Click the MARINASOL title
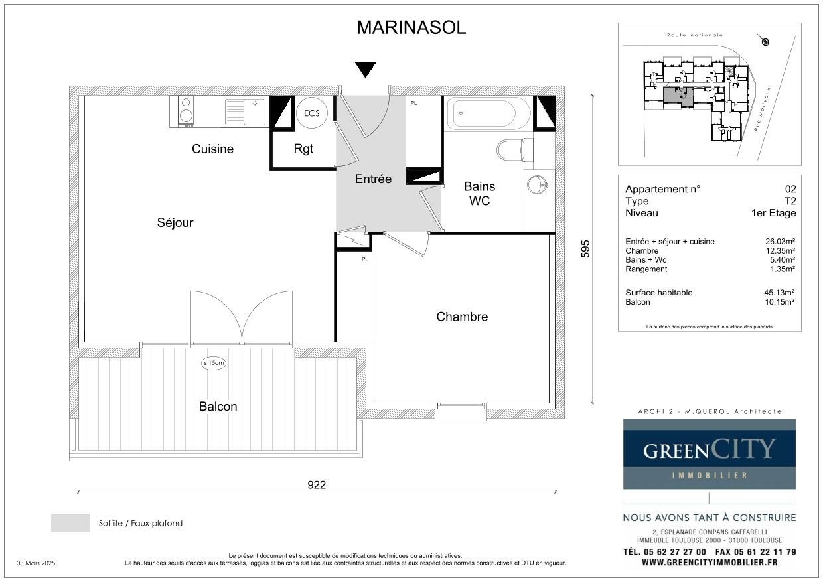pos(411,28)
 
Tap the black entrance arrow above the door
pos(365,70)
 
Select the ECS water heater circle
pos(311,113)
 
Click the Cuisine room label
pos(213,149)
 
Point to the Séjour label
pos(175,223)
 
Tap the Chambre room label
pos(462,317)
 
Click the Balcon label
pos(218,406)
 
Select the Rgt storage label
pos(303,149)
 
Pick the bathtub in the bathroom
pos(488,113)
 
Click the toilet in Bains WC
pos(514,149)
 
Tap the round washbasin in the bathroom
pos(538,184)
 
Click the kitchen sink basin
pos(254,111)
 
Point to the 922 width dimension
pos(317,485)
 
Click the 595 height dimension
pos(585,249)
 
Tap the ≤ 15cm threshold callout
pos(214,363)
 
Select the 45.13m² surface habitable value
pos(779,293)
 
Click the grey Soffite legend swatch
pos(70,522)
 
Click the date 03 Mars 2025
pos(36,563)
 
